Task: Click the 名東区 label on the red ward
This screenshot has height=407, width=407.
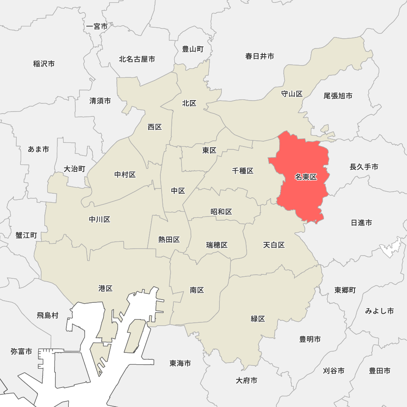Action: [x=306, y=177]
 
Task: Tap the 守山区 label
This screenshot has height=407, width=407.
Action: [x=292, y=94]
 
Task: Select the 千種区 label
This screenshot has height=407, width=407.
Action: [x=243, y=171]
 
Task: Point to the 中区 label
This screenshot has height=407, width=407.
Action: [x=178, y=191]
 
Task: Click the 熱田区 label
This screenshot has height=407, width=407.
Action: [x=169, y=240]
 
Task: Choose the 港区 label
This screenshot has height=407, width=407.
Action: [x=105, y=289]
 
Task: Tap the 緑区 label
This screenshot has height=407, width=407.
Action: [x=258, y=319]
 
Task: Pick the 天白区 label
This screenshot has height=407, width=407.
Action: [x=274, y=245]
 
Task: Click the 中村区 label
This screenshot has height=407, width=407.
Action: [x=125, y=175]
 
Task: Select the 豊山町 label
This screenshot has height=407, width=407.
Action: [x=193, y=49]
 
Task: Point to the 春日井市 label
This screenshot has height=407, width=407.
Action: [x=260, y=56]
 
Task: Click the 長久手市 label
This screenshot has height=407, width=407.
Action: [x=364, y=167]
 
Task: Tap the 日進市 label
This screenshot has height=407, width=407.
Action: [x=361, y=223]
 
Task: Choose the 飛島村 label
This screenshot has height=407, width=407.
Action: [x=48, y=315]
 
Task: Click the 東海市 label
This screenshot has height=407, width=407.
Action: [x=180, y=363]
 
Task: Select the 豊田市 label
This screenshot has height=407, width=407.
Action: [x=380, y=371]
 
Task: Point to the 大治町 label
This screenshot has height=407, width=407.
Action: [x=75, y=169]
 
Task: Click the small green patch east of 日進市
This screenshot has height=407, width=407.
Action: [x=391, y=247]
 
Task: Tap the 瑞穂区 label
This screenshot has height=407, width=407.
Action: [x=217, y=245]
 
